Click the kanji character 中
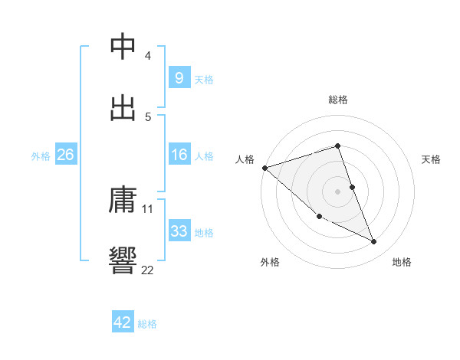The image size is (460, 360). pyautogui.click(x=123, y=47)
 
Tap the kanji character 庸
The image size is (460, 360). pyautogui.click(x=123, y=201)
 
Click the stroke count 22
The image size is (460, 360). pyautogui.click(x=148, y=269)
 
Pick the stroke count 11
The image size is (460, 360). pyautogui.click(x=148, y=208)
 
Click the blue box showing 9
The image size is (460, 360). pyautogui.click(x=179, y=77)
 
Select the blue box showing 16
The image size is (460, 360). pyautogui.click(x=179, y=155)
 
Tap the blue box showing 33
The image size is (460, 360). pyautogui.click(x=179, y=231)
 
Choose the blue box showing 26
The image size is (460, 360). pyautogui.click(x=65, y=155)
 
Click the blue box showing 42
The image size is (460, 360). pyautogui.click(x=123, y=322)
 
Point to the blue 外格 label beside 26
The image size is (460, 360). pyautogui.click(x=41, y=155)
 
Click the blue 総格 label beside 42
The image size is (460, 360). pyautogui.click(x=147, y=323)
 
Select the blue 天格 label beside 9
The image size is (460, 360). pyautogui.click(x=204, y=78)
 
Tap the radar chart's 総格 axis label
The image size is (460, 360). pyautogui.click(x=338, y=100)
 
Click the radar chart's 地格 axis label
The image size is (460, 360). pyautogui.click(x=402, y=262)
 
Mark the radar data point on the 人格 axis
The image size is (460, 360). pyautogui.click(x=264, y=167)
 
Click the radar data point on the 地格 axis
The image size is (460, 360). pyautogui.click(x=374, y=242)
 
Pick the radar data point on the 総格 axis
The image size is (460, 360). pyautogui.click(x=338, y=146)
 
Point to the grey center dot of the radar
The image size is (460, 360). pyautogui.click(x=338, y=191)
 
